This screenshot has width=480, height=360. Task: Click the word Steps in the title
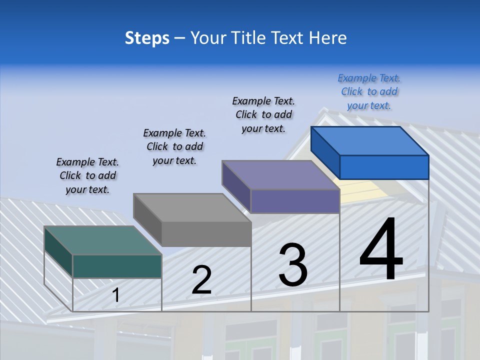coord(147,38)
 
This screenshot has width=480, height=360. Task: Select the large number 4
coord(381,250)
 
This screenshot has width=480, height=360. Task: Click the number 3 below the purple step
coord(293,265)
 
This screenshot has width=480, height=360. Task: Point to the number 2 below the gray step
coord(201,280)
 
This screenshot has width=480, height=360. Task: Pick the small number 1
coord(115,295)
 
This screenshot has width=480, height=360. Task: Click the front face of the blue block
coord(384,167)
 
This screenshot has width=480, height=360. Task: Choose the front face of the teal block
coord(117,266)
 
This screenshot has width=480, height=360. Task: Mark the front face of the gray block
coord(206,234)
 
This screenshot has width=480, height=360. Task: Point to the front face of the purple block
coord(295,201)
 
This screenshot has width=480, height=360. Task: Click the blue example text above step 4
coord(369,91)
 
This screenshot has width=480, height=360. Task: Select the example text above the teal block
coord(87,175)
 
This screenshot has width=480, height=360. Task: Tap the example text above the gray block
coord(174,146)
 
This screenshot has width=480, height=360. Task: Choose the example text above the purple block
coord(263,114)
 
